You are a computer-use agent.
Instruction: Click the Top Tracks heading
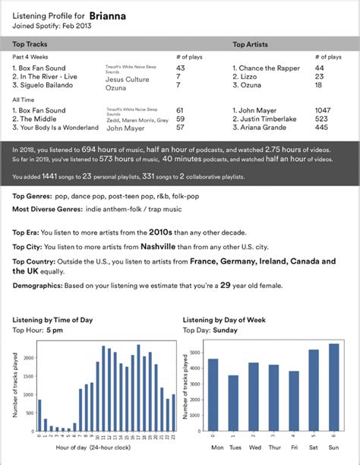click(x=32, y=45)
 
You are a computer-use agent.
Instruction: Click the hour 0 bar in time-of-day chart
click(x=39, y=415)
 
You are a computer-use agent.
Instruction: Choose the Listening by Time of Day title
click(x=55, y=321)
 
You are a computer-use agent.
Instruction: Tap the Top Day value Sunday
click(x=225, y=331)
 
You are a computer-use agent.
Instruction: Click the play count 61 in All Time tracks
click(x=180, y=110)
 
